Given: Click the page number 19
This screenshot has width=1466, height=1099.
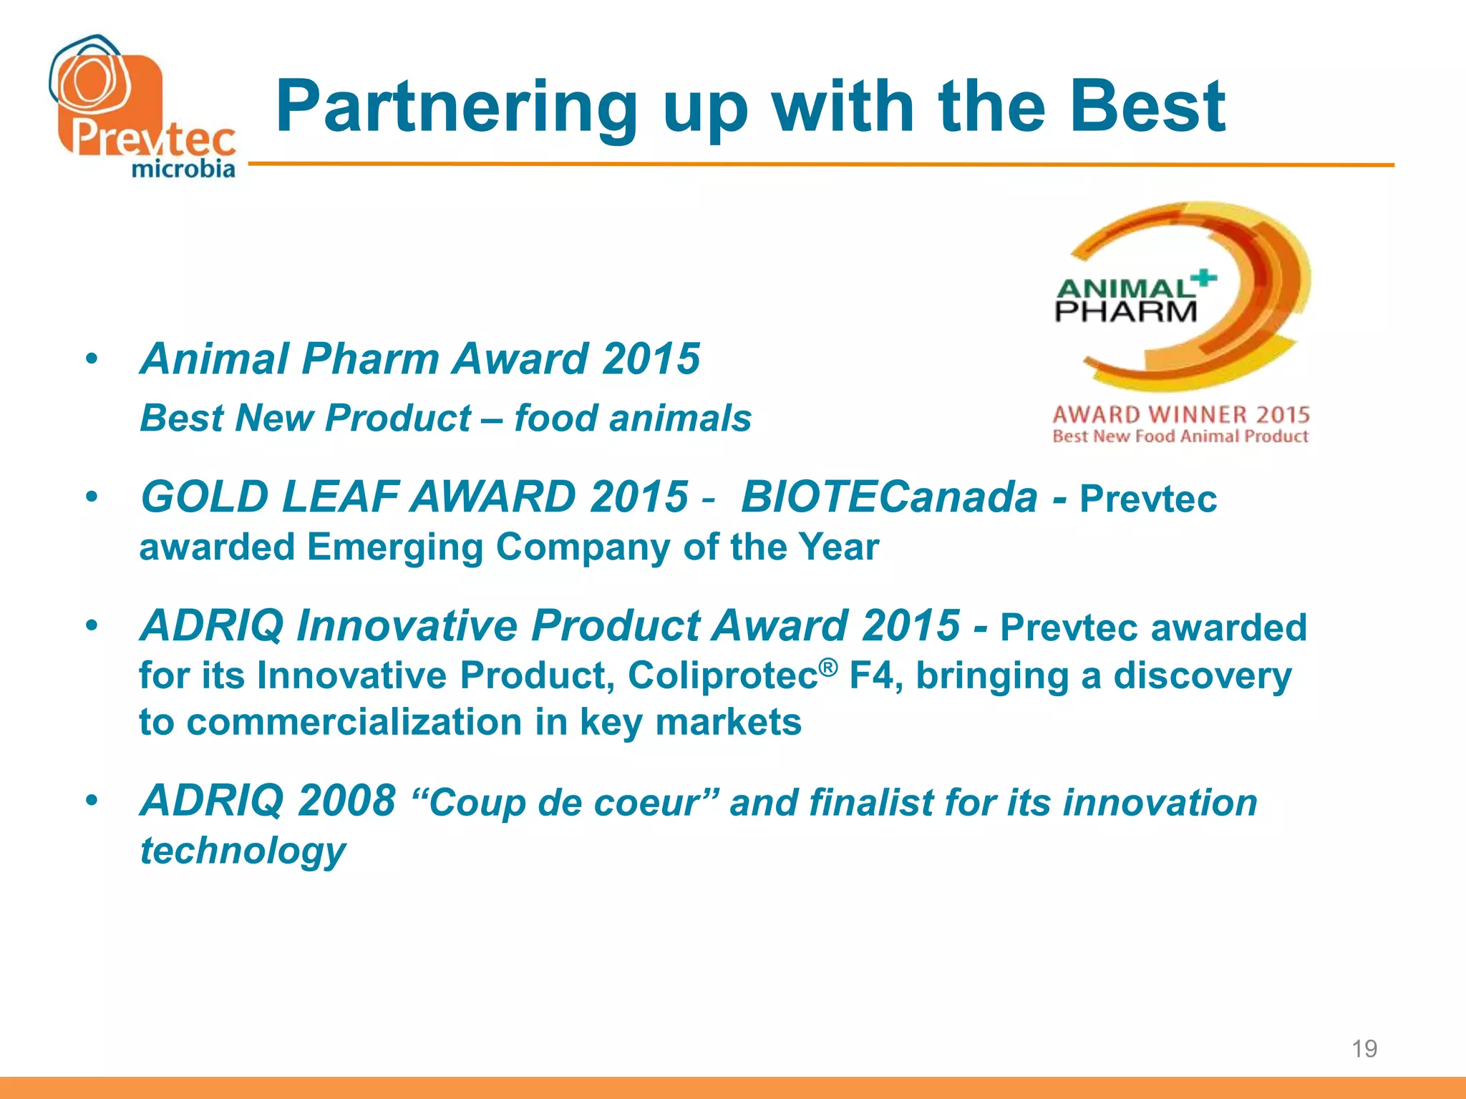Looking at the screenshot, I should pyautogui.click(x=1364, y=1049).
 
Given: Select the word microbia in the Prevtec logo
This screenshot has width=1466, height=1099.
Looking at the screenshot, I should pyautogui.click(x=183, y=169).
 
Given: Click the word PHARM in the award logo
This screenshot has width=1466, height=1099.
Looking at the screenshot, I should pyautogui.click(x=1126, y=311).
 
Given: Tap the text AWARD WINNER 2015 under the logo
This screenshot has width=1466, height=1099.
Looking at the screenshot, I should pyautogui.click(x=1181, y=414).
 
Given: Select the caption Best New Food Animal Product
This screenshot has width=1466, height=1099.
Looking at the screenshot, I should pyautogui.click(x=1180, y=436).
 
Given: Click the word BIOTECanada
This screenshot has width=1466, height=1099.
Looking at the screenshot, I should pyautogui.click(x=889, y=497).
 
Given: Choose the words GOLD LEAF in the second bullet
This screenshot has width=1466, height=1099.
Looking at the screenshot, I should pyautogui.click(x=271, y=497).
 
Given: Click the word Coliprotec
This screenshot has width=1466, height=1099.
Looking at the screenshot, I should pyautogui.click(x=723, y=675).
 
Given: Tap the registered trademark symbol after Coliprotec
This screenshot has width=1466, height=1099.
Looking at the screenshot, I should pyautogui.click(x=827, y=667).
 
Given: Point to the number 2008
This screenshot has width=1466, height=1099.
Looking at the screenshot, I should pyautogui.click(x=346, y=800).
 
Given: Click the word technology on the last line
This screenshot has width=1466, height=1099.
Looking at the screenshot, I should pyautogui.click(x=243, y=850).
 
